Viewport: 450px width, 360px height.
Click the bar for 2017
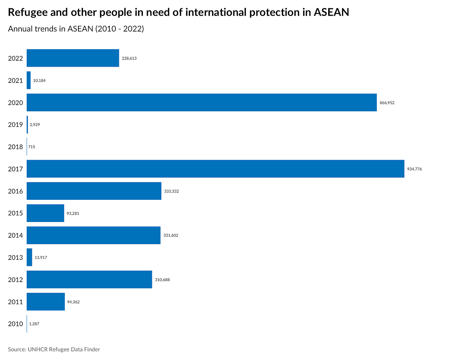pyautogui.click(x=215, y=169)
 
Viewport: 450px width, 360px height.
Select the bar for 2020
pyautogui.click(x=201, y=102)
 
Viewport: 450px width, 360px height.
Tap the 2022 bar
pyautogui.click(x=73, y=58)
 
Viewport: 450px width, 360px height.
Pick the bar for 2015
pyautogui.click(x=45, y=213)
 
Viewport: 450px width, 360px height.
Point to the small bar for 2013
pyautogui.click(x=29, y=257)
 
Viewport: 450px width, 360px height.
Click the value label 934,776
pyautogui.click(x=414, y=169)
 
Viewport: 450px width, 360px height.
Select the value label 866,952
pyautogui.click(x=387, y=103)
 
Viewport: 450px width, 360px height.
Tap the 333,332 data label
pyautogui.click(x=172, y=191)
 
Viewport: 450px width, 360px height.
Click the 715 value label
pyautogui.click(x=31, y=147)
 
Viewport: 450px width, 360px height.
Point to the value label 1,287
pyautogui.click(x=34, y=324)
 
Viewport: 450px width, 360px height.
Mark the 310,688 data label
pyautogui.click(x=162, y=280)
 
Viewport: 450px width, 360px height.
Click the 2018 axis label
pyautogui.click(x=15, y=147)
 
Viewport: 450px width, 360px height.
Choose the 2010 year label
pyautogui.click(x=15, y=324)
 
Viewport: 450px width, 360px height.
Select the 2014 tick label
pyautogui.click(x=15, y=235)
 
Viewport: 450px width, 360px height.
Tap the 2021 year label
pyautogui.click(x=15, y=81)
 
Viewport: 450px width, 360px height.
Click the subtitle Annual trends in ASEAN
pyautogui.click(x=76, y=29)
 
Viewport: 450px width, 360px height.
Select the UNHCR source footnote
pyautogui.click(x=54, y=349)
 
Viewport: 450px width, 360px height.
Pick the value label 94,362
pyautogui.click(x=73, y=302)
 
